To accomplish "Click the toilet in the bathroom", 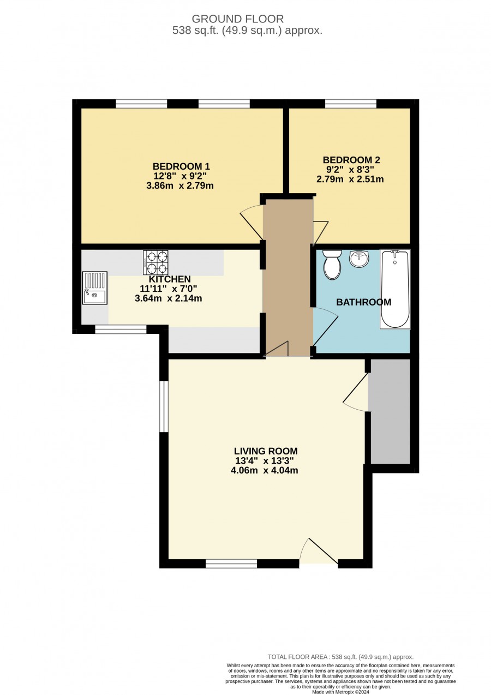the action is point(332,264).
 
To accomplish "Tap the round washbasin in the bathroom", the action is point(359,258).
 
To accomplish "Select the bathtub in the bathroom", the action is point(395,289).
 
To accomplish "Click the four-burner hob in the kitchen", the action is point(155,262).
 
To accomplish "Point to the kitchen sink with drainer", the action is point(95,287).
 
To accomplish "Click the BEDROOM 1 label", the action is point(181,166).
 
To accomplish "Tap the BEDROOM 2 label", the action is point(351,160).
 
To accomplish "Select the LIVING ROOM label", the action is point(266,451).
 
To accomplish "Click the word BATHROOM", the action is point(364,302).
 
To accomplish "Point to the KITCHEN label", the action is point(170,279).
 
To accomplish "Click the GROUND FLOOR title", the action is point(237,19).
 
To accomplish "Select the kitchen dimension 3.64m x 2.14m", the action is point(168,298).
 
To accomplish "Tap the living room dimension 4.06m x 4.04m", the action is point(265,470).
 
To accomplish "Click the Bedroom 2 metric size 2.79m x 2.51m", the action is point(350,179).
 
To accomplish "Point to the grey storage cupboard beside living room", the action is point(391,411).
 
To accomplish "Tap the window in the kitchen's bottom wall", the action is point(121,329).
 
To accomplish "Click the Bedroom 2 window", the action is point(351,104).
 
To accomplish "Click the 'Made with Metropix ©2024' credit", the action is point(341,692).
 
